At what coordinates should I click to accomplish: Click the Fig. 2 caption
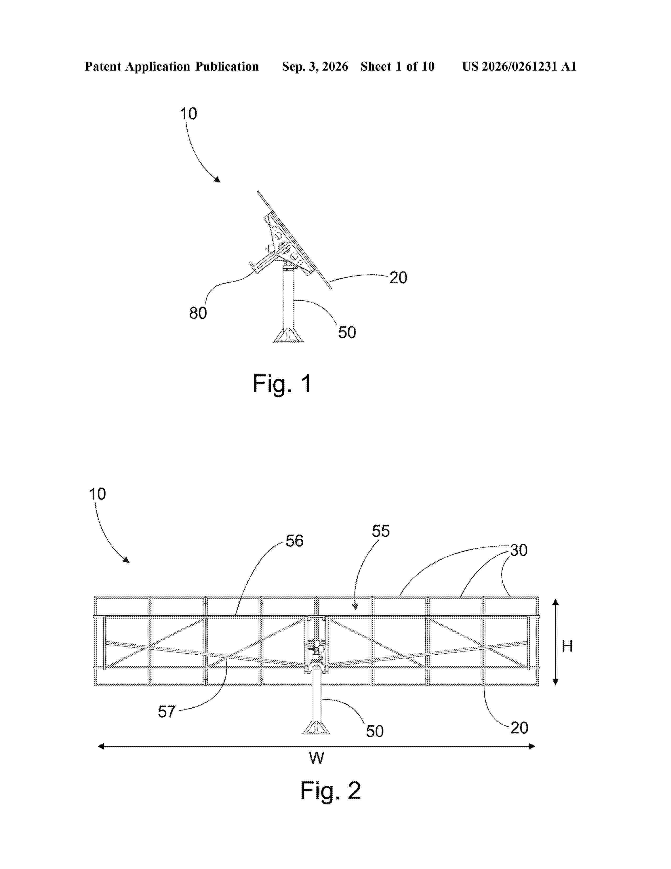pos(330,790)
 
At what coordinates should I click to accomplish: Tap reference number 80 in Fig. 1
pos(198,313)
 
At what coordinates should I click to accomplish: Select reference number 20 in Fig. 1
pos(398,278)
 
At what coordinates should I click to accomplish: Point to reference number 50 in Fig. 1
pos(347,332)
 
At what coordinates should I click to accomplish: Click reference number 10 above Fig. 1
pos(188,114)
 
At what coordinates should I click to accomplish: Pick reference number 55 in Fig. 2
pos(381,531)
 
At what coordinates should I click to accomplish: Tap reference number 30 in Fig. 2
pos(519,550)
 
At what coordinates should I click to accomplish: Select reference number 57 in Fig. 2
pos(167,712)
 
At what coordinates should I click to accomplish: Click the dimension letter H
pos(567,646)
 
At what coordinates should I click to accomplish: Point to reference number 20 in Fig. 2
pos(519,728)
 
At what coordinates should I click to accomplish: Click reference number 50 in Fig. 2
pos(375,731)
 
